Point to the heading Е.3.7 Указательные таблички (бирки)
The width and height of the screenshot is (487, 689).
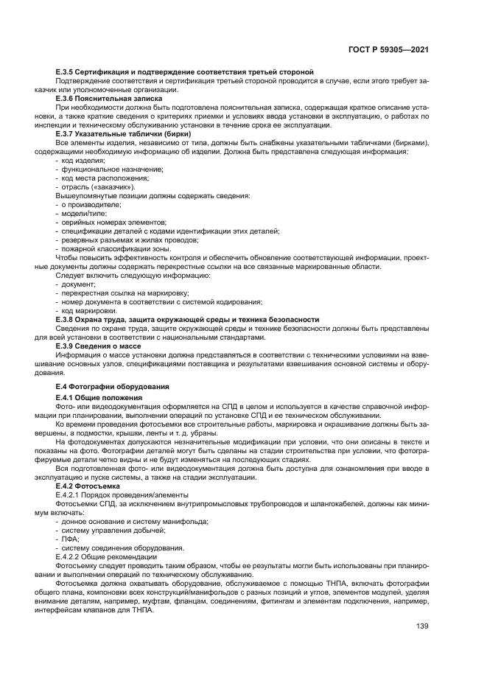(x=124, y=133)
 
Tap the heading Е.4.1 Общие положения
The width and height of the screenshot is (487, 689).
(x=99, y=397)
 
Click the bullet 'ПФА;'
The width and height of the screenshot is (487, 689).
(x=71, y=539)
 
